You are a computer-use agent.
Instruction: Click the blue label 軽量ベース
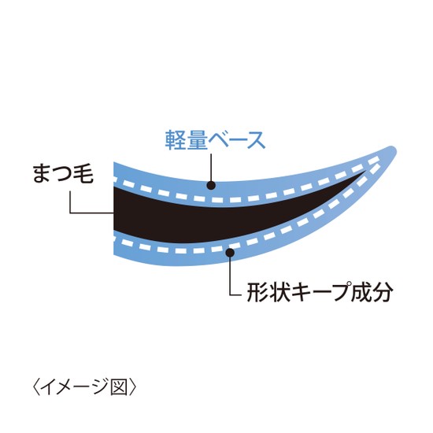[215, 141]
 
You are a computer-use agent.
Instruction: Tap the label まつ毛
[63, 173]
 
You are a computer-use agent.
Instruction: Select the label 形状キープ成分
[320, 292]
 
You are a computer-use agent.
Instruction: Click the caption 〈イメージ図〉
[84, 387]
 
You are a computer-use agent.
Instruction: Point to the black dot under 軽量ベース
[211, 185]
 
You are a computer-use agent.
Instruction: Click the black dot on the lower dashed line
[230, 253]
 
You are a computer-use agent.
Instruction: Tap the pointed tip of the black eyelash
[365, 172]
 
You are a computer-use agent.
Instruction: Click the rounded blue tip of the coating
[393, 150]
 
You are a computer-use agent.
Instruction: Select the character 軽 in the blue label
[176, 141]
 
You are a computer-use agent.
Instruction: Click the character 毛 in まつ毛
[83, 173]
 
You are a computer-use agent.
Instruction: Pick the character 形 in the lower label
[257, 292]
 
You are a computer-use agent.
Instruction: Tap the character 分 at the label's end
[383, 292]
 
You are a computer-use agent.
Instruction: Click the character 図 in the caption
[120, 387]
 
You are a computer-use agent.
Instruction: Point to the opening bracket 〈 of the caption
[36, 387]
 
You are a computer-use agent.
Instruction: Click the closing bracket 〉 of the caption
[132, 387]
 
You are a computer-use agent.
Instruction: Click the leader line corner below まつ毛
[71, 213]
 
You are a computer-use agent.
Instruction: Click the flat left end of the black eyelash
[114, 208]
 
